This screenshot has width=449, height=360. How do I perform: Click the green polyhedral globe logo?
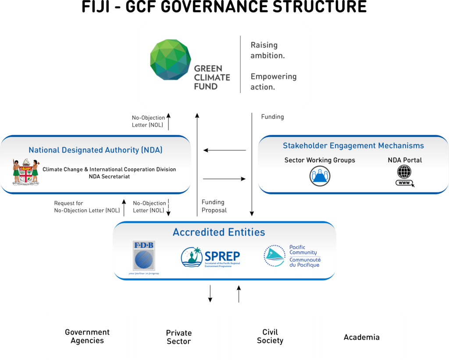[x=171, y=60]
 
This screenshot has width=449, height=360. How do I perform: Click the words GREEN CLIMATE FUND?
[x=212, y=77]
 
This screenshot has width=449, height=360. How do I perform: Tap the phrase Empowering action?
[x=273, y=82]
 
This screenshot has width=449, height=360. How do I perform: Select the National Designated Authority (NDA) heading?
[x=96, y=150]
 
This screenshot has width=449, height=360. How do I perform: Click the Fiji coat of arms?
[x=25, y=171]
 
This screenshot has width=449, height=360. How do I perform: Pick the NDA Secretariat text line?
[x=109, y=177]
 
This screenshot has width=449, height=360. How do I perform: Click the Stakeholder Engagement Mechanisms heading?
[x=353, y=146]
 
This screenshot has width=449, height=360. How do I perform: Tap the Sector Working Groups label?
[x=320, y=160]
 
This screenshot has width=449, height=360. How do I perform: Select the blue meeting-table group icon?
[x=320, y=176]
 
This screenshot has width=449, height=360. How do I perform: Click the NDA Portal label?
[x=405, y=160]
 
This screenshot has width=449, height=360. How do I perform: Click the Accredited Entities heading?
[x=219, y=232]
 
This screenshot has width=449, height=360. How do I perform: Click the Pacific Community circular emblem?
[x=274, y=256]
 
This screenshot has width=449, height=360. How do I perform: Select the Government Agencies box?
[x=87, y=336]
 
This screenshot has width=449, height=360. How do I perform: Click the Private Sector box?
[x=178, y=336]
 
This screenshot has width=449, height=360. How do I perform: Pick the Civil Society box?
[x=270, y=336]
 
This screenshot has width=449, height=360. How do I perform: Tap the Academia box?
[x=361, y=336]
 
